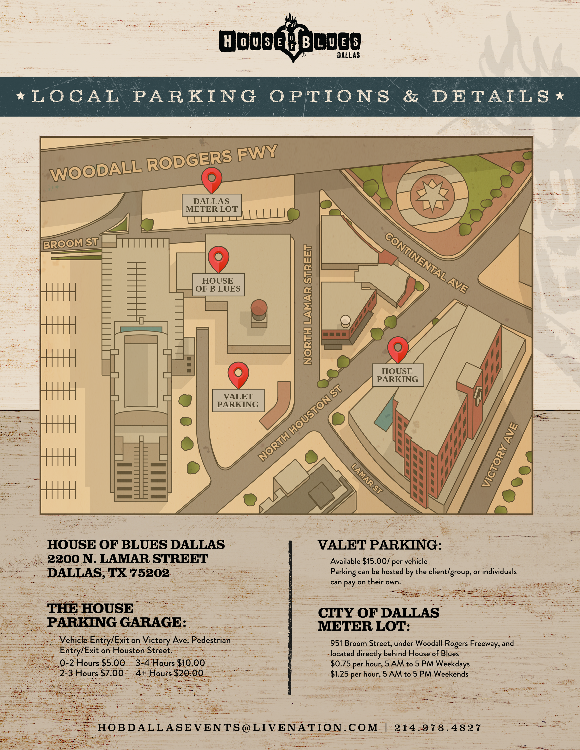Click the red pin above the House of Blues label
218,258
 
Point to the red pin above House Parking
398,349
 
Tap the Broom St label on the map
71,243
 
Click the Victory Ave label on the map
499,455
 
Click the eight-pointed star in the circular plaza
432,196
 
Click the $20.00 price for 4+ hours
189,673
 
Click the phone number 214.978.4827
438,728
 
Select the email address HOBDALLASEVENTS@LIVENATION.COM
238,728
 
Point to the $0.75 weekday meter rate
340,664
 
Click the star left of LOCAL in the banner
21,96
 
